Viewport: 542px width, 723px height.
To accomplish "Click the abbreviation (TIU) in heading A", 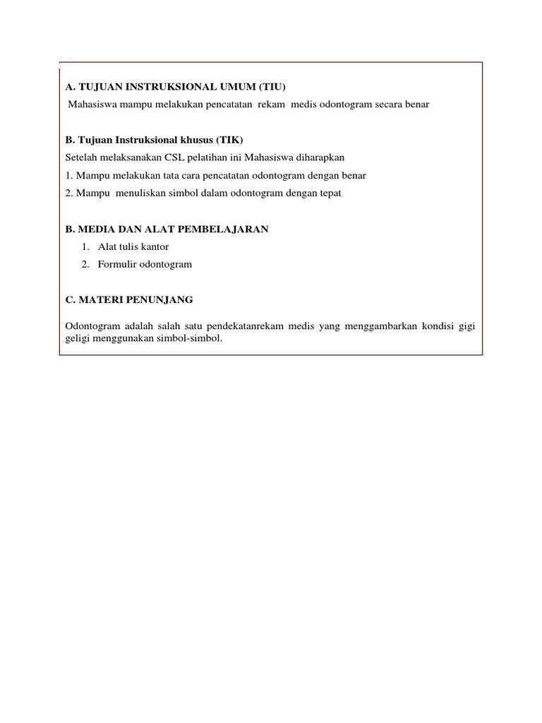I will pyautogui.click(x=272, y=88).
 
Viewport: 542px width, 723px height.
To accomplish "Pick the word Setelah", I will pyautogui.click(x=80, y=157).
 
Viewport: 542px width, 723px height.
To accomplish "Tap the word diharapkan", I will pyautogui.click(x=319, y=157).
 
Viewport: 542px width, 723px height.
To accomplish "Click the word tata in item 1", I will pyautogui.click(x=167, y=175).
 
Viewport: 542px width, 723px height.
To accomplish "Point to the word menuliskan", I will pyautogui.click(x=134, y=193).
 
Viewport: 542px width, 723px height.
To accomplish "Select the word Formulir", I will pyautogui.click(x=117, y=264).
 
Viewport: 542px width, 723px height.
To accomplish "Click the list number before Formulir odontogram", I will pyautogui.click(x=84, y=264).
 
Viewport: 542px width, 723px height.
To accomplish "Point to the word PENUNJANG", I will pyautogui.click(x=159, y=299).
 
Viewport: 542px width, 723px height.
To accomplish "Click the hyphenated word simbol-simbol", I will pyautogui.click(x=192, y=338).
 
